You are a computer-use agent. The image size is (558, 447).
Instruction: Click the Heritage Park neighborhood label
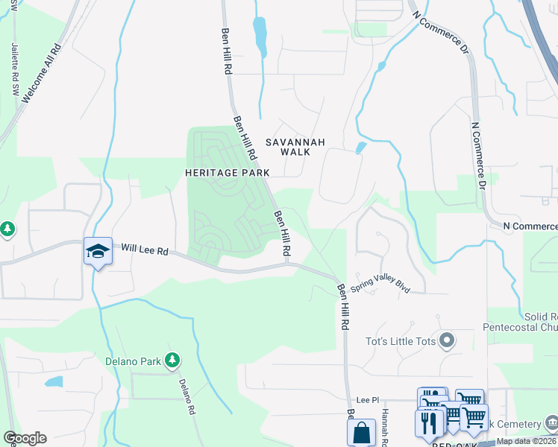[x=227, y=172]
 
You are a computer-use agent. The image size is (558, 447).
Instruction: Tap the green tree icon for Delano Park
[x=173, y=361]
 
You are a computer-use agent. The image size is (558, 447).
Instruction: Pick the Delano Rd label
[x=186, y=396]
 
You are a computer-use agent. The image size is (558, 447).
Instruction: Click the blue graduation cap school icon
[x=98, y=252]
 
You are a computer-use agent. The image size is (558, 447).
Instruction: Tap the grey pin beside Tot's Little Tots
[x=447, y=341]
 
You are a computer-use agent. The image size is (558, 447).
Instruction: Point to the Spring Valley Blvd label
[x=380, y=286]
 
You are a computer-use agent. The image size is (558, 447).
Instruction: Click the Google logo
[x=25, y=438]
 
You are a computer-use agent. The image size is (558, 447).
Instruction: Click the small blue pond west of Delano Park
[x=54, y=382]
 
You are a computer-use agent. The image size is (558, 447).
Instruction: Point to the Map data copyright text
[x=526, y=441]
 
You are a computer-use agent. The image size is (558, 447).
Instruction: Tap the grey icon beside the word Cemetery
[x=551, y=422]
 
